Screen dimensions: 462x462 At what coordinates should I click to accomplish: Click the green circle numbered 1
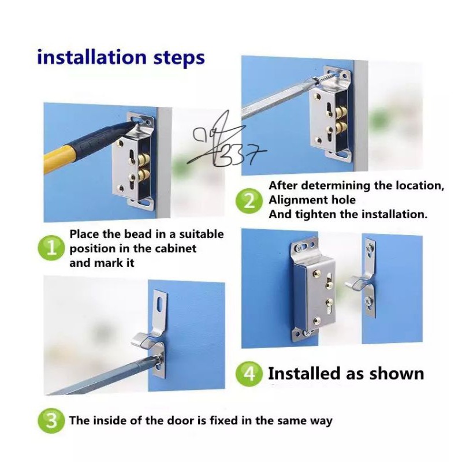tap(51, 248)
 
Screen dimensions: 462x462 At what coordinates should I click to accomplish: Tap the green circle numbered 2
tap(249, 201)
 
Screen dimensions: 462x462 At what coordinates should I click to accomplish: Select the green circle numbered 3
tap(51, 420)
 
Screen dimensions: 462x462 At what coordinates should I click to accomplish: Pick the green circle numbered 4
tap(249, 374)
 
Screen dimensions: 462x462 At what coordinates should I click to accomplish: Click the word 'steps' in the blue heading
tap(179, 58)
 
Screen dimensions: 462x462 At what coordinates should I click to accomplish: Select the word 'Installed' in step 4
tap(305, 374)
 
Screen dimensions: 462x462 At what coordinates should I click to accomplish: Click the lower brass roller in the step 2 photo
tap(341, 127)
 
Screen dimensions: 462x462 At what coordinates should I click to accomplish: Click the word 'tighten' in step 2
tap(315, 214)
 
